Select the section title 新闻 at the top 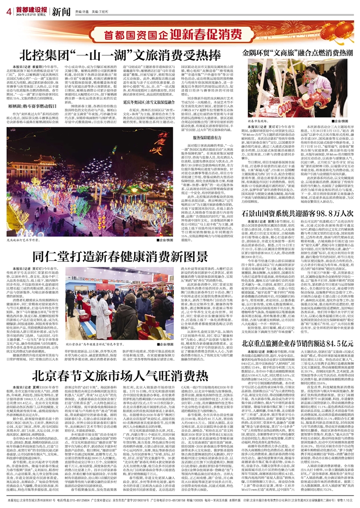tap(61, 11)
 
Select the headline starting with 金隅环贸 tap(297, 52)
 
